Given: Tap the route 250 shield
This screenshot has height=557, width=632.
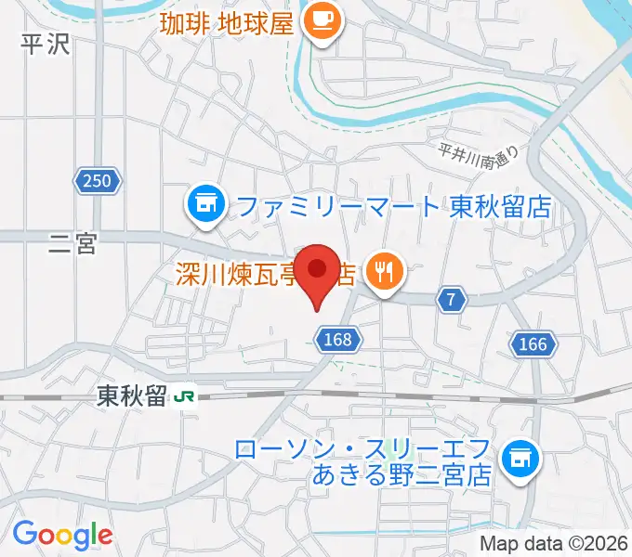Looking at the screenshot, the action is (99, 182).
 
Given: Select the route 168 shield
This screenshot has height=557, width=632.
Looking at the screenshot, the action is (338, 341).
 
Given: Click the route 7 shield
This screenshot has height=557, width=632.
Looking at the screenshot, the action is (451, 299).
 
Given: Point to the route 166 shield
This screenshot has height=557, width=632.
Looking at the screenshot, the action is (533, 344).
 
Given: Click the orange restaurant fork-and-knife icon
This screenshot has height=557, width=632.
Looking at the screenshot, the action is (384, 273).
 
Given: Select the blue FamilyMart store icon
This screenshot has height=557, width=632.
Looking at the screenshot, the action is (205, 204).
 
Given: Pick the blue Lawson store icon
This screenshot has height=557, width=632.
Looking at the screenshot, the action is (519, 457).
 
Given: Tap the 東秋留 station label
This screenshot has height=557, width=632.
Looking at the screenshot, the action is (130, 396).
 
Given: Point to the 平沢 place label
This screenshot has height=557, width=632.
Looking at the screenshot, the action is (46, 45).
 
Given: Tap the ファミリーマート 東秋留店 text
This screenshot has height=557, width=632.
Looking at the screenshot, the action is (394, 206).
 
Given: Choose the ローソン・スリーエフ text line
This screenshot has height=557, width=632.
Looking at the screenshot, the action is (363, 450).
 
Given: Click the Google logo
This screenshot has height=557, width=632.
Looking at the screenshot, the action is (62, 536).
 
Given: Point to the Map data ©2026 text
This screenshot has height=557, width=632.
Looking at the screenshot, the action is (555, 544).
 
